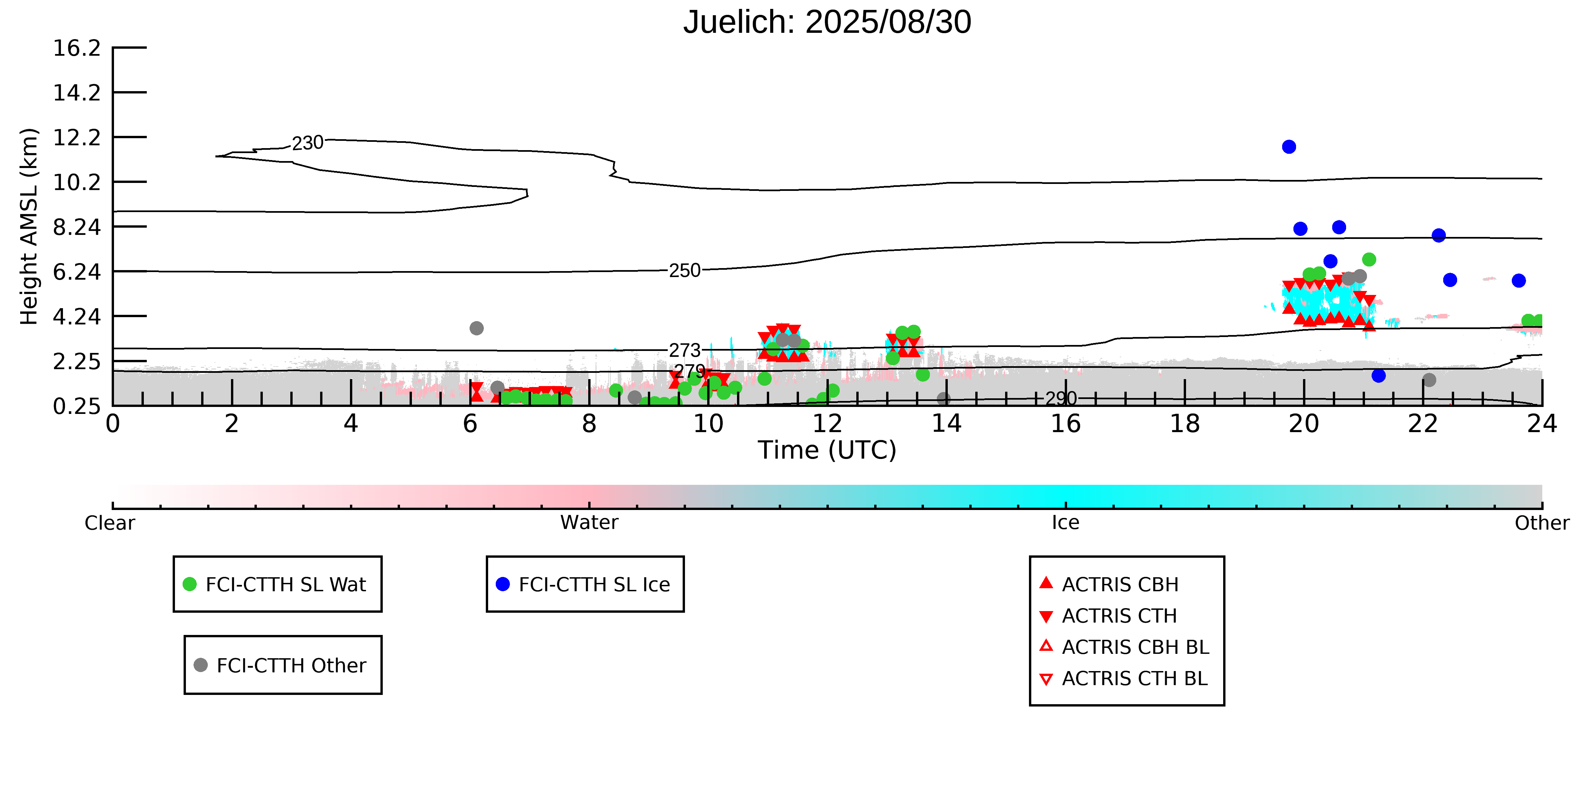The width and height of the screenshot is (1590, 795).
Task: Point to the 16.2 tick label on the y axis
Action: click(x=77, y=48)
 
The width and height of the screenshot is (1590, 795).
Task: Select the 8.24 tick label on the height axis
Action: click(x=77, y=227)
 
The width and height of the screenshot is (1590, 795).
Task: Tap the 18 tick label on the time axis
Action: click(x=1184, y=424)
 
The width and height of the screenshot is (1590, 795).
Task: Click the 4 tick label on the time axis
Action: click(x=351, y=424)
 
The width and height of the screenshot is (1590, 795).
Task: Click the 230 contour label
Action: click(x=308, y=143)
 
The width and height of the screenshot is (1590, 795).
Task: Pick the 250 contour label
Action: click(x=685, y=271)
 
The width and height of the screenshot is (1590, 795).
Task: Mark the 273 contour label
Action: click(x=685, y=351)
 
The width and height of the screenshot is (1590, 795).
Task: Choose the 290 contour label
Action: click(x=1060, y=399)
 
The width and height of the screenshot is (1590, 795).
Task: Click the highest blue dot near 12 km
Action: click(x=1289, y=147)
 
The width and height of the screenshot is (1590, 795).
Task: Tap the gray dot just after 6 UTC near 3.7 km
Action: click(x=477, y=328)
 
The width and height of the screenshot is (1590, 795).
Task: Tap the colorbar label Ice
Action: click(x=1065, y=523)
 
